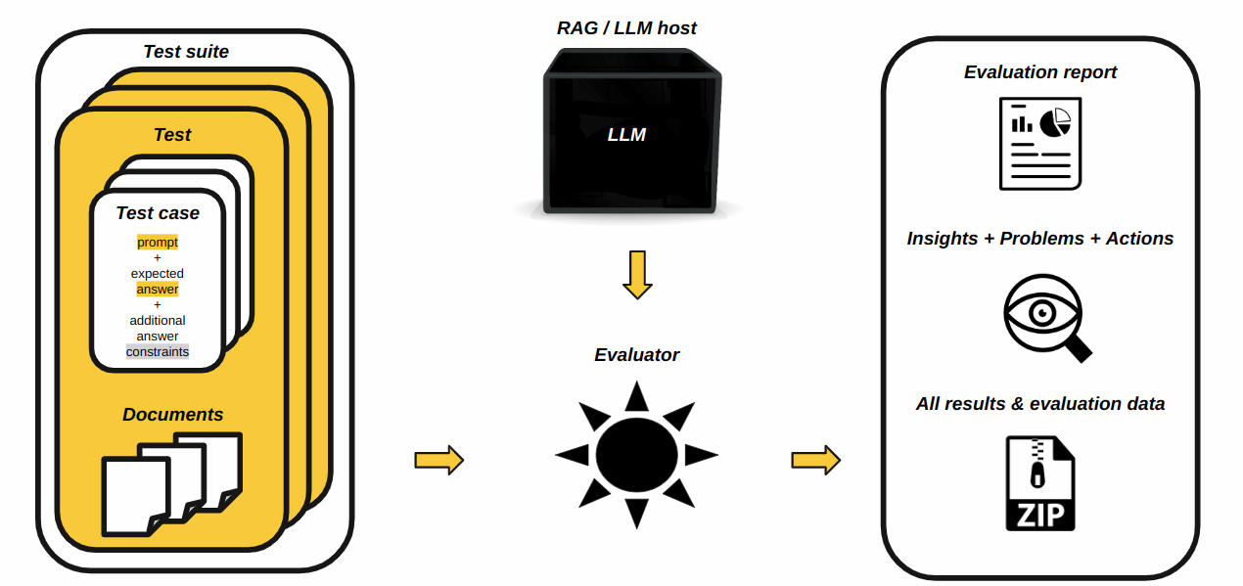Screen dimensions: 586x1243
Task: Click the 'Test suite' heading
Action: [186, 52]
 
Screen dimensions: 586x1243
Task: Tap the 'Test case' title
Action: [158, 213]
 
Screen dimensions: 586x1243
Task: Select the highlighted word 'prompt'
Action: [158, 243]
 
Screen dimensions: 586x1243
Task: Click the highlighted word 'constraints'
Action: [158, 352]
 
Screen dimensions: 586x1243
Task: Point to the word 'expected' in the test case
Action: [158, 274]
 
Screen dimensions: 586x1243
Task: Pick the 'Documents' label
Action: [172, 415]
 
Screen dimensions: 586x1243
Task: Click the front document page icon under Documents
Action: [136, 495]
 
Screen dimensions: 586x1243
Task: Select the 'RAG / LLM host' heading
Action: [626, 28]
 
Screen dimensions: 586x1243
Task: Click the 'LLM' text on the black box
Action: [626, 135]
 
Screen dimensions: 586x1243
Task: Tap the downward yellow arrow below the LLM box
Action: [637, 275]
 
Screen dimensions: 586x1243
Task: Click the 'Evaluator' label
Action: [636, 355]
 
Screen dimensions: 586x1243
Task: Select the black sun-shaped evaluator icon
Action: [637, 455]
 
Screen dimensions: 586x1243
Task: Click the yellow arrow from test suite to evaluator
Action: [438, 460]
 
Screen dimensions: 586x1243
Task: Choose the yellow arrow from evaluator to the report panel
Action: [815, 460]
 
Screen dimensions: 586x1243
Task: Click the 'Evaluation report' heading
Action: [1040, 72]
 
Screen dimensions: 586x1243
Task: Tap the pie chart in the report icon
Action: [1055, 122]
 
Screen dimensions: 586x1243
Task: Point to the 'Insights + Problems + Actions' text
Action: [1040, 239]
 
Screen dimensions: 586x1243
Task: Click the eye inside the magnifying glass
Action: [1041, 313]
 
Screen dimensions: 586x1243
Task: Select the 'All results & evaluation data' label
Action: [1040, 404]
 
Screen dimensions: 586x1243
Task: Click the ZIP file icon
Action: [1040, 483]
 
